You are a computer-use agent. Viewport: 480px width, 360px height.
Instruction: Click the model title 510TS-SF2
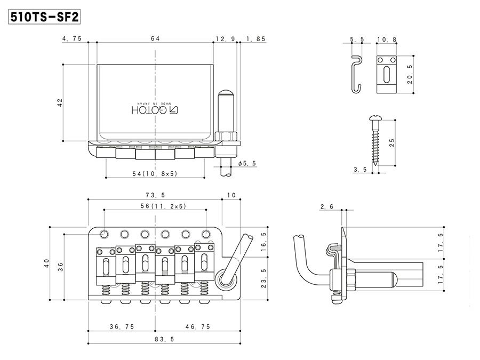point(44,17)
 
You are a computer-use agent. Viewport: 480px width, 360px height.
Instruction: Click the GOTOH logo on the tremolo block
point(155,110)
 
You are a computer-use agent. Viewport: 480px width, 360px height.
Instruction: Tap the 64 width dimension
point(155,38)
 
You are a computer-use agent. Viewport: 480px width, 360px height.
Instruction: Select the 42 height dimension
point(60,102)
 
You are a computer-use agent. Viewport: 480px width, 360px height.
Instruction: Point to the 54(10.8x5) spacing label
point(155,173)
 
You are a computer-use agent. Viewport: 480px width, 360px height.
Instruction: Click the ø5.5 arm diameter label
point(247,164)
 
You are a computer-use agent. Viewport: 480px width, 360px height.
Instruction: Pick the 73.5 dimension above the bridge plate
point(155,195)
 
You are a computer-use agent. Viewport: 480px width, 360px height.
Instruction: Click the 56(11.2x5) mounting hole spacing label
point(164,206)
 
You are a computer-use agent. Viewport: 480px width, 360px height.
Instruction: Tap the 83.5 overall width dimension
point(164,339)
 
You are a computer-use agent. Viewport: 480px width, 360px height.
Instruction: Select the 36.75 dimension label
point(122,326)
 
